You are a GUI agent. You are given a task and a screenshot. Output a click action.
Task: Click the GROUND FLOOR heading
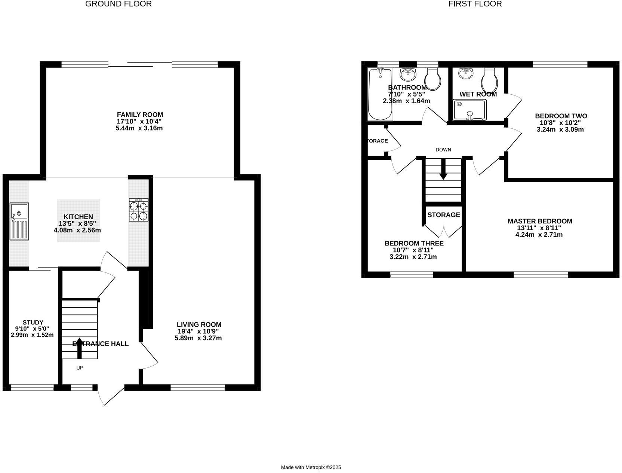point(118,4)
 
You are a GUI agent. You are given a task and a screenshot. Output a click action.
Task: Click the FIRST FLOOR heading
point(475,4)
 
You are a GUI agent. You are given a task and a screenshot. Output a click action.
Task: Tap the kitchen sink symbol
point(19,221)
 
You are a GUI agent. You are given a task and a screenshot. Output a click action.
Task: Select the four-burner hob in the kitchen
point(138,210)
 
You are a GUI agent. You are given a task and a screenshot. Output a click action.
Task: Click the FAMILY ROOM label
point(140,115)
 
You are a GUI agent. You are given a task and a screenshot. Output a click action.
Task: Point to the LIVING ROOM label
point(199,324)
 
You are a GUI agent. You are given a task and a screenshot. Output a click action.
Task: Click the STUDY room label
point(33,322)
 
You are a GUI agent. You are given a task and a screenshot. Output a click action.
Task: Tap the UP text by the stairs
point(79,368)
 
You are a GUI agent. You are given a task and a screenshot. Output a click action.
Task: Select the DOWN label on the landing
point(443,150)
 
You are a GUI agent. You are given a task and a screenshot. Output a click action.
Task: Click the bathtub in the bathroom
point(380,94)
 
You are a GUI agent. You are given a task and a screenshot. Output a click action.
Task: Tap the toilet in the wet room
point(489,80)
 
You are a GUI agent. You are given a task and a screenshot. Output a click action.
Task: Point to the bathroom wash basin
point(407,74)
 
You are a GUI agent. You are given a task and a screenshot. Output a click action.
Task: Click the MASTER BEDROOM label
point(539,221)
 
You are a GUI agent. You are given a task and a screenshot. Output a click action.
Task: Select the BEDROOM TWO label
point(561,116)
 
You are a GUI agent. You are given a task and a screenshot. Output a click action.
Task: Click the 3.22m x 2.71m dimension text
point(413,257)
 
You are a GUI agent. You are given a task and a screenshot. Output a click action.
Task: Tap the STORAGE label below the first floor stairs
point(443,215)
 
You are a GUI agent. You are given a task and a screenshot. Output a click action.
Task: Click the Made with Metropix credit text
point(311,467)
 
